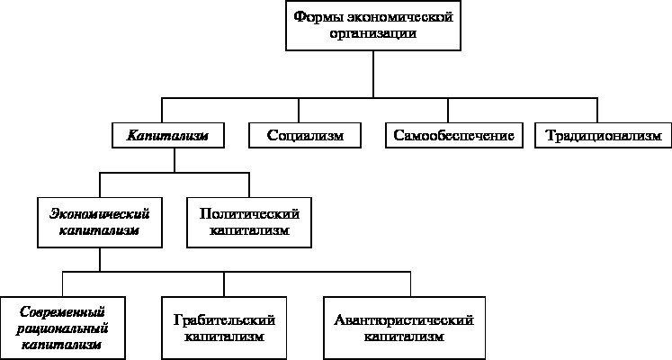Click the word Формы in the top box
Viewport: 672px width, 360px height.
point(318,18)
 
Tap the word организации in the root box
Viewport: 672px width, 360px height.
point(372,33)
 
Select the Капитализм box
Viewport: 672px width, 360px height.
point(168,135)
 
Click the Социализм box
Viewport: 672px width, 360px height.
point(305,135)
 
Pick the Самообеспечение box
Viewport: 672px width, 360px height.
point(454,135)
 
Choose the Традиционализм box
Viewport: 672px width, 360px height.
point(604,135)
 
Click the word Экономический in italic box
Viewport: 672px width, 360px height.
point(100,213)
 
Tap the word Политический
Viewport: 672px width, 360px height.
point(249,213)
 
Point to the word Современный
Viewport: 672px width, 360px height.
point(63,311)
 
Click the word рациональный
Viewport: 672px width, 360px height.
point(63,328)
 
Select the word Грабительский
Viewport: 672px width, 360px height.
point(224,319)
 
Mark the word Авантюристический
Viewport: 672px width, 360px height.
point(404,319)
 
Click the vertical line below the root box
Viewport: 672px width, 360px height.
point(372,74)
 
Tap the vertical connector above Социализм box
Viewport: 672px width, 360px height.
point(299,111)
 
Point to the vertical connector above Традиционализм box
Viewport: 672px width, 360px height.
point(597,111)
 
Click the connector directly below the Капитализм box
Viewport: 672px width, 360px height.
point(175,160)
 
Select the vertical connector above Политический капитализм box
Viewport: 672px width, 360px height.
point(249,185)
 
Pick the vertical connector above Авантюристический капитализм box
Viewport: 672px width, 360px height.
point(410,284)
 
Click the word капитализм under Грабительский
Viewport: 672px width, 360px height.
point(224,337)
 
